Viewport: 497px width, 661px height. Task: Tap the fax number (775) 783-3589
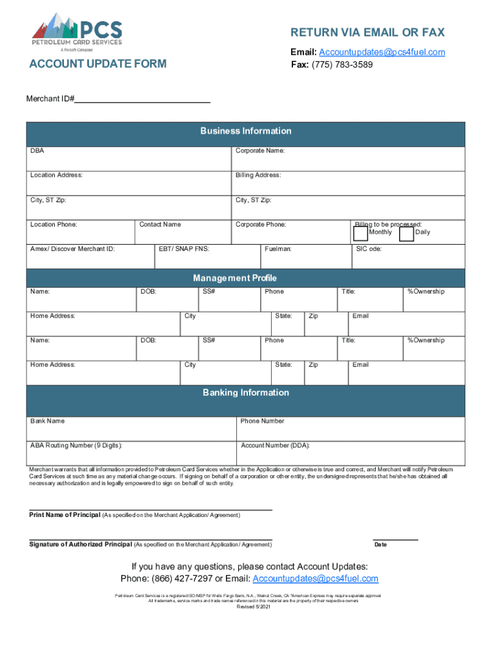point(342,65)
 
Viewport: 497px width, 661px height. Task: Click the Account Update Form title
point(97,64)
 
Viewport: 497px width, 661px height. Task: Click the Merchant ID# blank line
point(143,99)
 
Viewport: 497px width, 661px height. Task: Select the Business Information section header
point(245,131)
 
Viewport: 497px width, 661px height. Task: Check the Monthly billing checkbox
point(360,234)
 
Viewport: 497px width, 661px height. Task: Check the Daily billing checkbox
point(406,234)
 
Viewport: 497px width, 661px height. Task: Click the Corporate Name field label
point(260,151)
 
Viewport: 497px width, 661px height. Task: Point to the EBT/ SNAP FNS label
point(183,249)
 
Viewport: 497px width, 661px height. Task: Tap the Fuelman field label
point(278,249)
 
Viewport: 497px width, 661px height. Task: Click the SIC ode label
point(369,249)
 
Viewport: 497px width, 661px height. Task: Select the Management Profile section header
point(234,278)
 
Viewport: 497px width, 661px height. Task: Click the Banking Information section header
point(245,392)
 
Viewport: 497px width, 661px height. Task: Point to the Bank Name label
point(47,422)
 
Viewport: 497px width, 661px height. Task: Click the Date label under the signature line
point(380,545)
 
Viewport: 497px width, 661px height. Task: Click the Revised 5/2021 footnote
point(253,607)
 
